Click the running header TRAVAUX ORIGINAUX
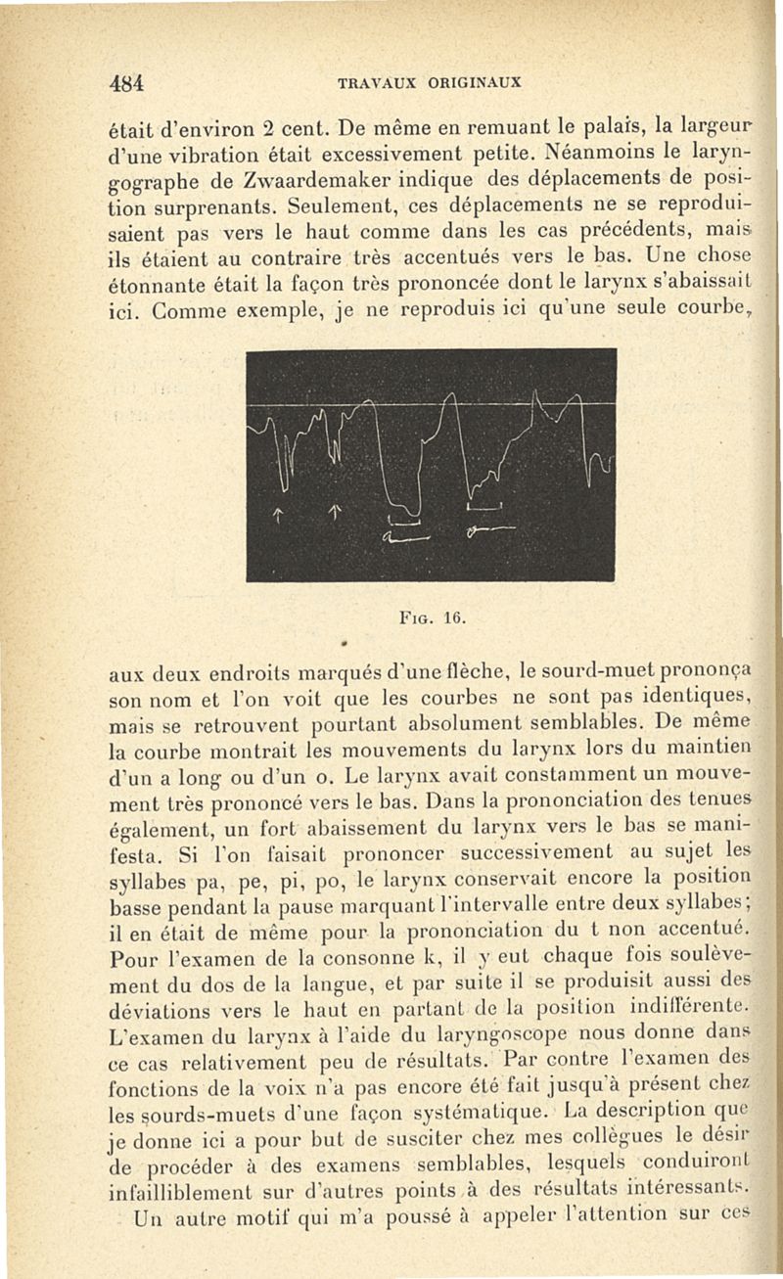pos(429,82)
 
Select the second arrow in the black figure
pos(333,512)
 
